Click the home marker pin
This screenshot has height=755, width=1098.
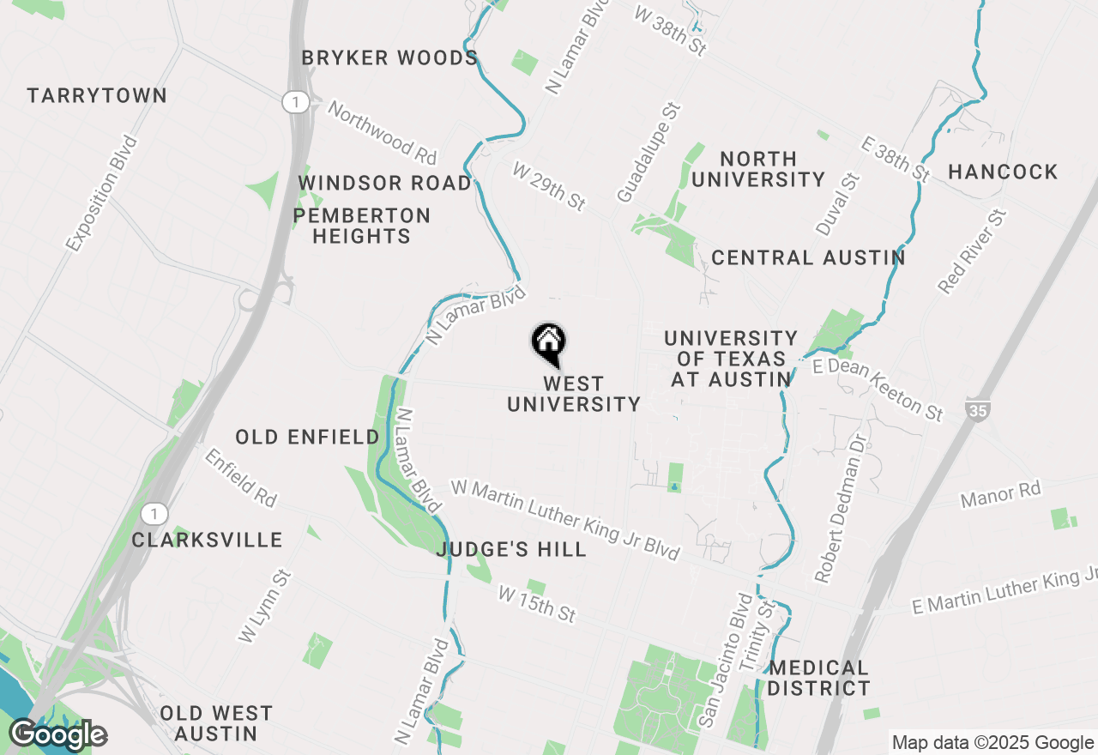point(549,344)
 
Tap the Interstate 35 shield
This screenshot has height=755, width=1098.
point(976,409)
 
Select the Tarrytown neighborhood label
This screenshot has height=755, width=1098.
point(97,95)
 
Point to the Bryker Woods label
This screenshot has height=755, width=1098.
point(389,58)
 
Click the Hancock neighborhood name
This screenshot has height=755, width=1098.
point(1003,172)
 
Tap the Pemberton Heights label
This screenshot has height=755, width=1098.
point(361,226)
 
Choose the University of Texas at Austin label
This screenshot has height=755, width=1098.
point(731,359)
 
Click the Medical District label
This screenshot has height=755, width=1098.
point(818,678)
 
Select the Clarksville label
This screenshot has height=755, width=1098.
point(208,540)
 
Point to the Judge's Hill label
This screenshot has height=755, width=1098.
point(511,549)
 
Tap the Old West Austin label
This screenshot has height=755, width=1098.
point(216,723)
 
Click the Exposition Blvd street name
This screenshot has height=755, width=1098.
point(101,194)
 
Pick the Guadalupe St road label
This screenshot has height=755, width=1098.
point(649,152)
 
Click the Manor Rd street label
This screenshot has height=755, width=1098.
point(1000,494)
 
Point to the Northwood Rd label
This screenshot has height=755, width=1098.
point(383,132)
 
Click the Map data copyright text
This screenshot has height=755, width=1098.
point(992,743)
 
